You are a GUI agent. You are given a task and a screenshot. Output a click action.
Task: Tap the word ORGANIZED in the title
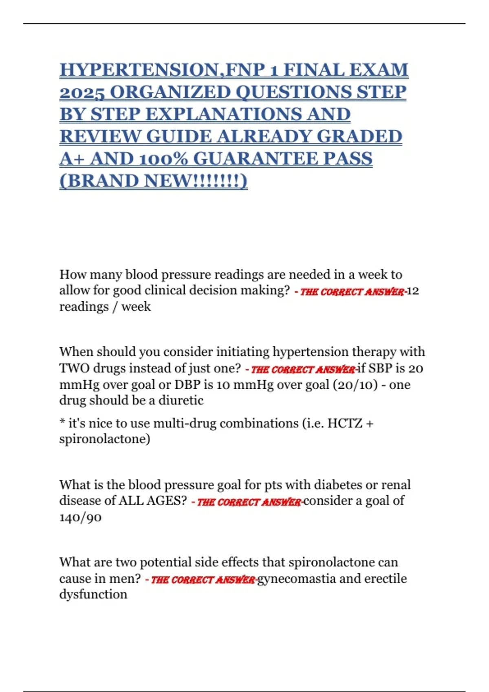168,92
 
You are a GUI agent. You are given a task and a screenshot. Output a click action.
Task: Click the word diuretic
181,400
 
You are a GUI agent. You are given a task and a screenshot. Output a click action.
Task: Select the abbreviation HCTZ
345,423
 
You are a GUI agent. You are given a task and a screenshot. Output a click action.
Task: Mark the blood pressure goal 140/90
80,517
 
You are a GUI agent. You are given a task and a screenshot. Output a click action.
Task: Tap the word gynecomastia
296,578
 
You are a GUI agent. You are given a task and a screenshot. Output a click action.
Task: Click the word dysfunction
93,594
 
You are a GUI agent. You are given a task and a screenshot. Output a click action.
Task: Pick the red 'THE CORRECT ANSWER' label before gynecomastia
203,579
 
